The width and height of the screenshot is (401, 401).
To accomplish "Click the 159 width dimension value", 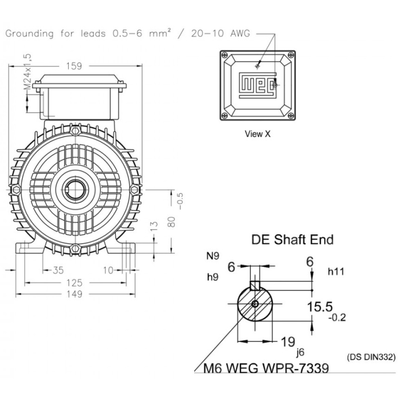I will [x=73, y=66].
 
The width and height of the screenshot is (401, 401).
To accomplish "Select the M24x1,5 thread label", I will [x=27, y=72].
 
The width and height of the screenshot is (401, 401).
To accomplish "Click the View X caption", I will [x=257, y=134].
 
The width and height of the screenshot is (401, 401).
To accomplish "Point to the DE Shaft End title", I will [x=292, y=239].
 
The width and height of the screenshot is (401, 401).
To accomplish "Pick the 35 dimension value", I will [x=57, y=270].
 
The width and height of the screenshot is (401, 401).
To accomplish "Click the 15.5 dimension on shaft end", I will [x=319, y=306].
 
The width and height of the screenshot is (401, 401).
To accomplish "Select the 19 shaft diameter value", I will [x=288, y=342].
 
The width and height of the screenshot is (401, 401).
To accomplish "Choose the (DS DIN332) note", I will [x=371, y=357].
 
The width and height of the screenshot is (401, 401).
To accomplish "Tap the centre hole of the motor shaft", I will [x=73, y=189].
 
